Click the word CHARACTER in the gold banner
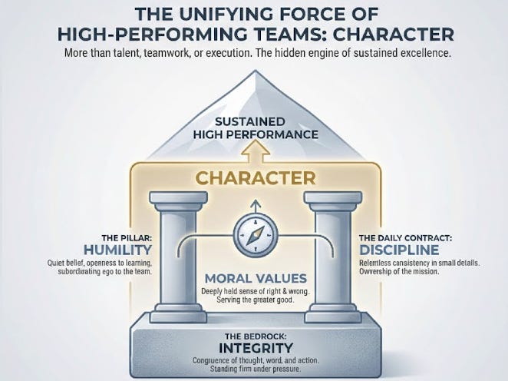[x=253, y=178]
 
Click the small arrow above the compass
[x=253, y=205]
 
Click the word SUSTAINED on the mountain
[x=253, y=121]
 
